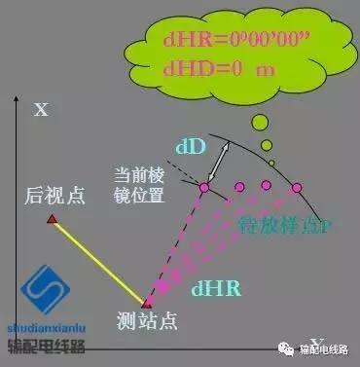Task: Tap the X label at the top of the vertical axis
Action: coord(41,109)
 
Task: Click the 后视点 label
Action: coord(55,195)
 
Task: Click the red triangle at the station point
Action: coord(148,303)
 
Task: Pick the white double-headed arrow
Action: coord(224,157)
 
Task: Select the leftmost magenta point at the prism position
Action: coord(205,185)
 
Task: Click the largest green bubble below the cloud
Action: coord(260,123)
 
